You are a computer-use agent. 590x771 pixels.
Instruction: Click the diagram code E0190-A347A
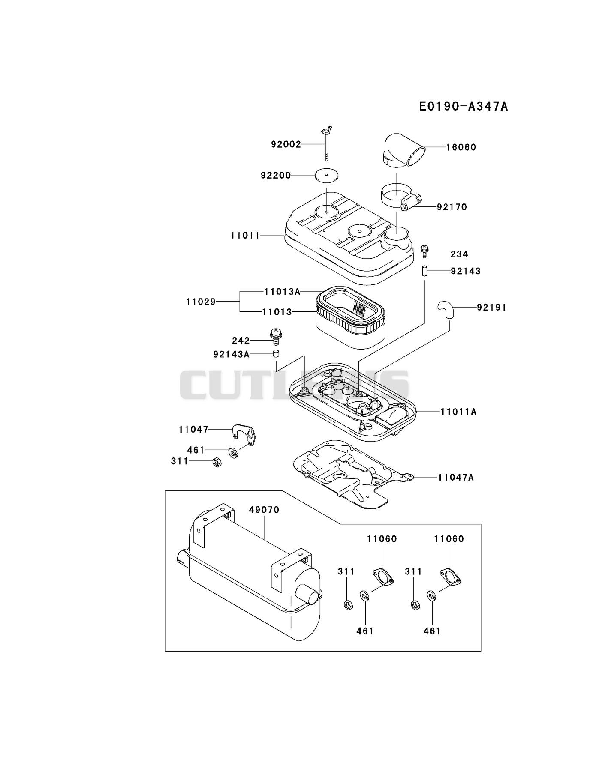tap(464, 106)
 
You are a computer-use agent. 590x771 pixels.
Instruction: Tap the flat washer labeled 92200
tap(326, 175)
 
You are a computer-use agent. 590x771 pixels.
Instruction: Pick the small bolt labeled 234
tap(424, 251)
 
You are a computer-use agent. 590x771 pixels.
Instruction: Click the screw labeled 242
tap(276, 336)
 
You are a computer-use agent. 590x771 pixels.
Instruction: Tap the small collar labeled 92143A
tap(277, 354)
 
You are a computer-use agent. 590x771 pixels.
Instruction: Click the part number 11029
tap(201, 302)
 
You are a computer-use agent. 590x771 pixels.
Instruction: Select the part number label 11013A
tap(282, 292)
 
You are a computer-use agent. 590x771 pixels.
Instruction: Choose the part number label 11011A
tap(458, 412)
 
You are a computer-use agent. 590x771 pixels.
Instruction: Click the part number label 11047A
tap(456, 477)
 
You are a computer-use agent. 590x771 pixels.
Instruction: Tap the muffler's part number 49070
tap(264, 510)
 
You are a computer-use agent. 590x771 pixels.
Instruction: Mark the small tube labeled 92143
tap(424, 272)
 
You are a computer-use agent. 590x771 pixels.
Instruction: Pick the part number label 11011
tap(245, 235)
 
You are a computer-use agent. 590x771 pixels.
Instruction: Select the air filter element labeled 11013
tap(350, 317)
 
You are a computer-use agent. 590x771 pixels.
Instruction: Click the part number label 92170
tap(452, 207)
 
